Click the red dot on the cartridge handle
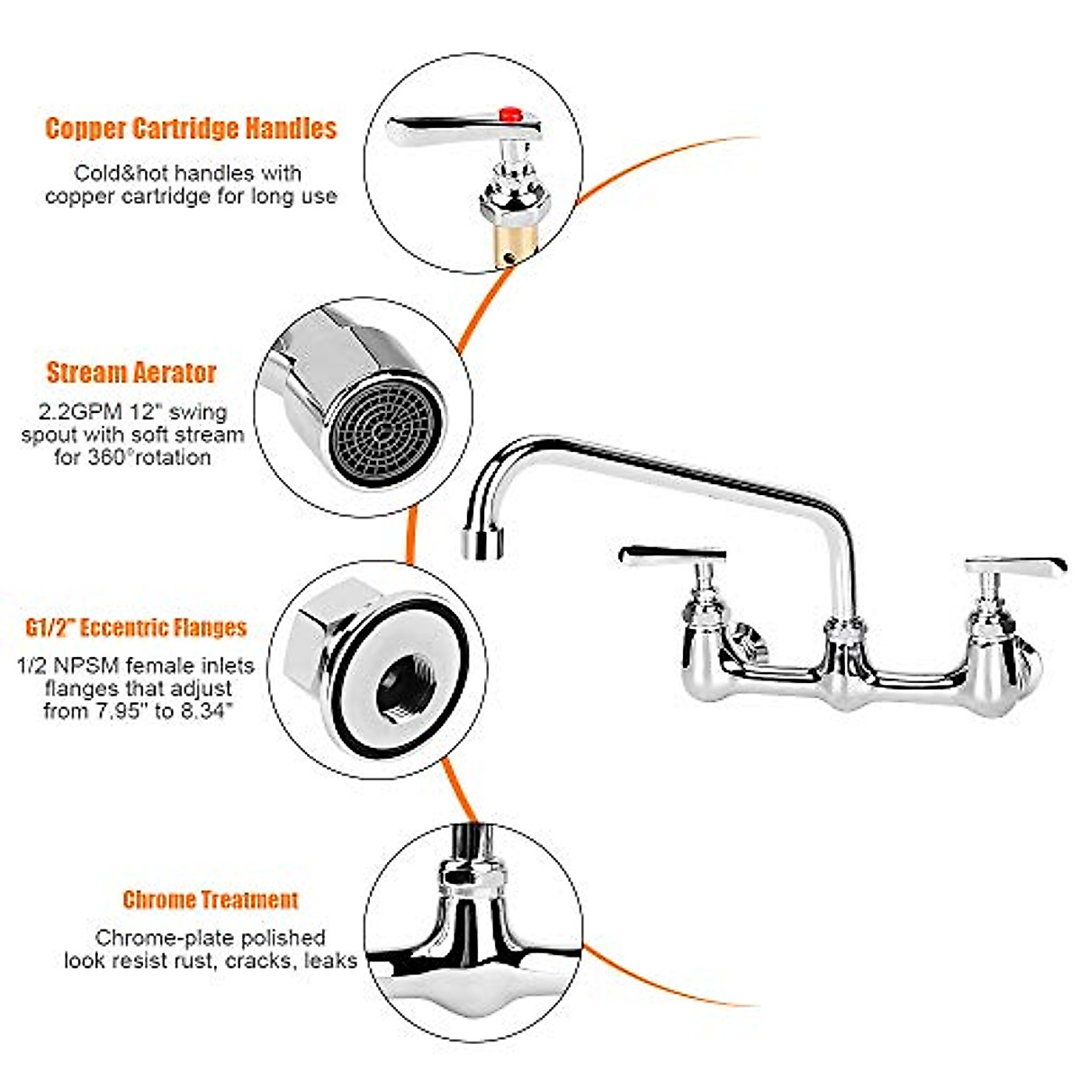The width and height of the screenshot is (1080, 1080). point(510,113)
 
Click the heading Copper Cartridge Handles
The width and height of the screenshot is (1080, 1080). point(191,128)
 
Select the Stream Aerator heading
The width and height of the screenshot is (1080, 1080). point(131,373)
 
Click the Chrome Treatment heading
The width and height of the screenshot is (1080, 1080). point(210,899)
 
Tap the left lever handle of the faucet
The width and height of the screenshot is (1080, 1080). point(673,556)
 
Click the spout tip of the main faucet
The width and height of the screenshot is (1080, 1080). point(483,543)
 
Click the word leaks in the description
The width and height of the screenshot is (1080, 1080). point(329,960)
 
